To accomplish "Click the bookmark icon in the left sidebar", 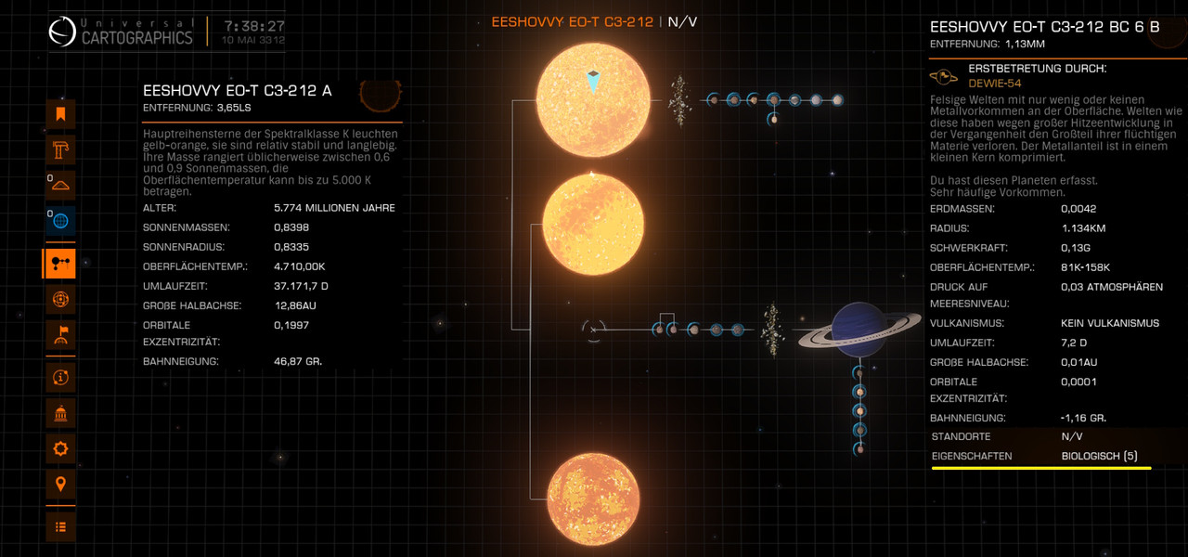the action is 60,114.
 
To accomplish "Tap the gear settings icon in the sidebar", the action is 60,448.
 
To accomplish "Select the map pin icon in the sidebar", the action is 60,484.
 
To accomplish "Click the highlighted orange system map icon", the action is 59,263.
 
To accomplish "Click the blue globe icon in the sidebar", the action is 60,221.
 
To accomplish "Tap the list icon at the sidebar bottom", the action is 60,526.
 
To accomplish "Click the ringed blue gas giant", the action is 859,330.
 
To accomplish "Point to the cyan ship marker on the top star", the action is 593,82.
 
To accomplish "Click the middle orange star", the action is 593,224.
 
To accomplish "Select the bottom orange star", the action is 593,499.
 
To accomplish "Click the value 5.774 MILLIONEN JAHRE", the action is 334,208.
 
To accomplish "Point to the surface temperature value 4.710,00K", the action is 299,266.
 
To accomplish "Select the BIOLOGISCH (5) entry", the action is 1100,456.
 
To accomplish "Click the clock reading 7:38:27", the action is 254,26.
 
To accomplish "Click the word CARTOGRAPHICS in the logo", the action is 136,38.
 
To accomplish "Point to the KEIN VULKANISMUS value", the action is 1110,323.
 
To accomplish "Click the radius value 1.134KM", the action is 1083,228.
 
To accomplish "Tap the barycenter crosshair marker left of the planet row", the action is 593,330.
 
